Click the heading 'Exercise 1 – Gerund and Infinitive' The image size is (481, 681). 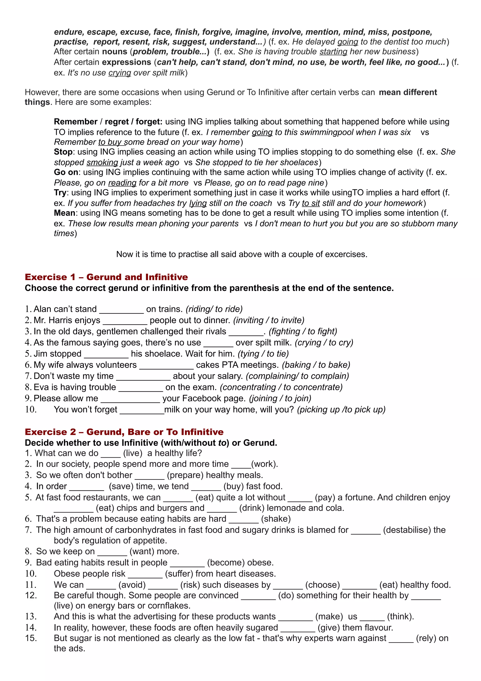(x=106, y=277)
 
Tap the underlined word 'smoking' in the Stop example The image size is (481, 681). (x=102, y=163)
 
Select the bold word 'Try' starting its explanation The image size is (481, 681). (x=60, y=193)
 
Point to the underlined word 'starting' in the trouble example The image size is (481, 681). (x=333, y=52)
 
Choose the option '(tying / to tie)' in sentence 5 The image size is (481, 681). (x=263, y=354)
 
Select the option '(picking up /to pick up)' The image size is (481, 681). (x=341, y=410)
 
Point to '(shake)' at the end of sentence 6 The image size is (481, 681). (x=276, y=519)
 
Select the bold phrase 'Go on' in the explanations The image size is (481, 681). (x=66, y=172)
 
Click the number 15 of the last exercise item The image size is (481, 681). (x=31, y=638)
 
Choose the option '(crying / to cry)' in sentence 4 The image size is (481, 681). (x=324, y=343)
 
